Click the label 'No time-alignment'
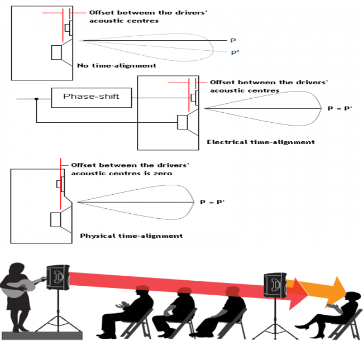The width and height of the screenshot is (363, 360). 117,65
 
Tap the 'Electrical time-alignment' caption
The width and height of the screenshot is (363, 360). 260,142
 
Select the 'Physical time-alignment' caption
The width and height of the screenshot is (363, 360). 131,236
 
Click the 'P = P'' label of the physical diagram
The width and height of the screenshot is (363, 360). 212,202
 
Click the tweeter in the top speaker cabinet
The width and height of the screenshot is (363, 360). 67,27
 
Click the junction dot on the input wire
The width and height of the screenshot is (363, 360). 36,99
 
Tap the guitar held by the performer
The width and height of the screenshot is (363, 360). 22,287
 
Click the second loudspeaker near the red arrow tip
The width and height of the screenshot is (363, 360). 274,285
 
